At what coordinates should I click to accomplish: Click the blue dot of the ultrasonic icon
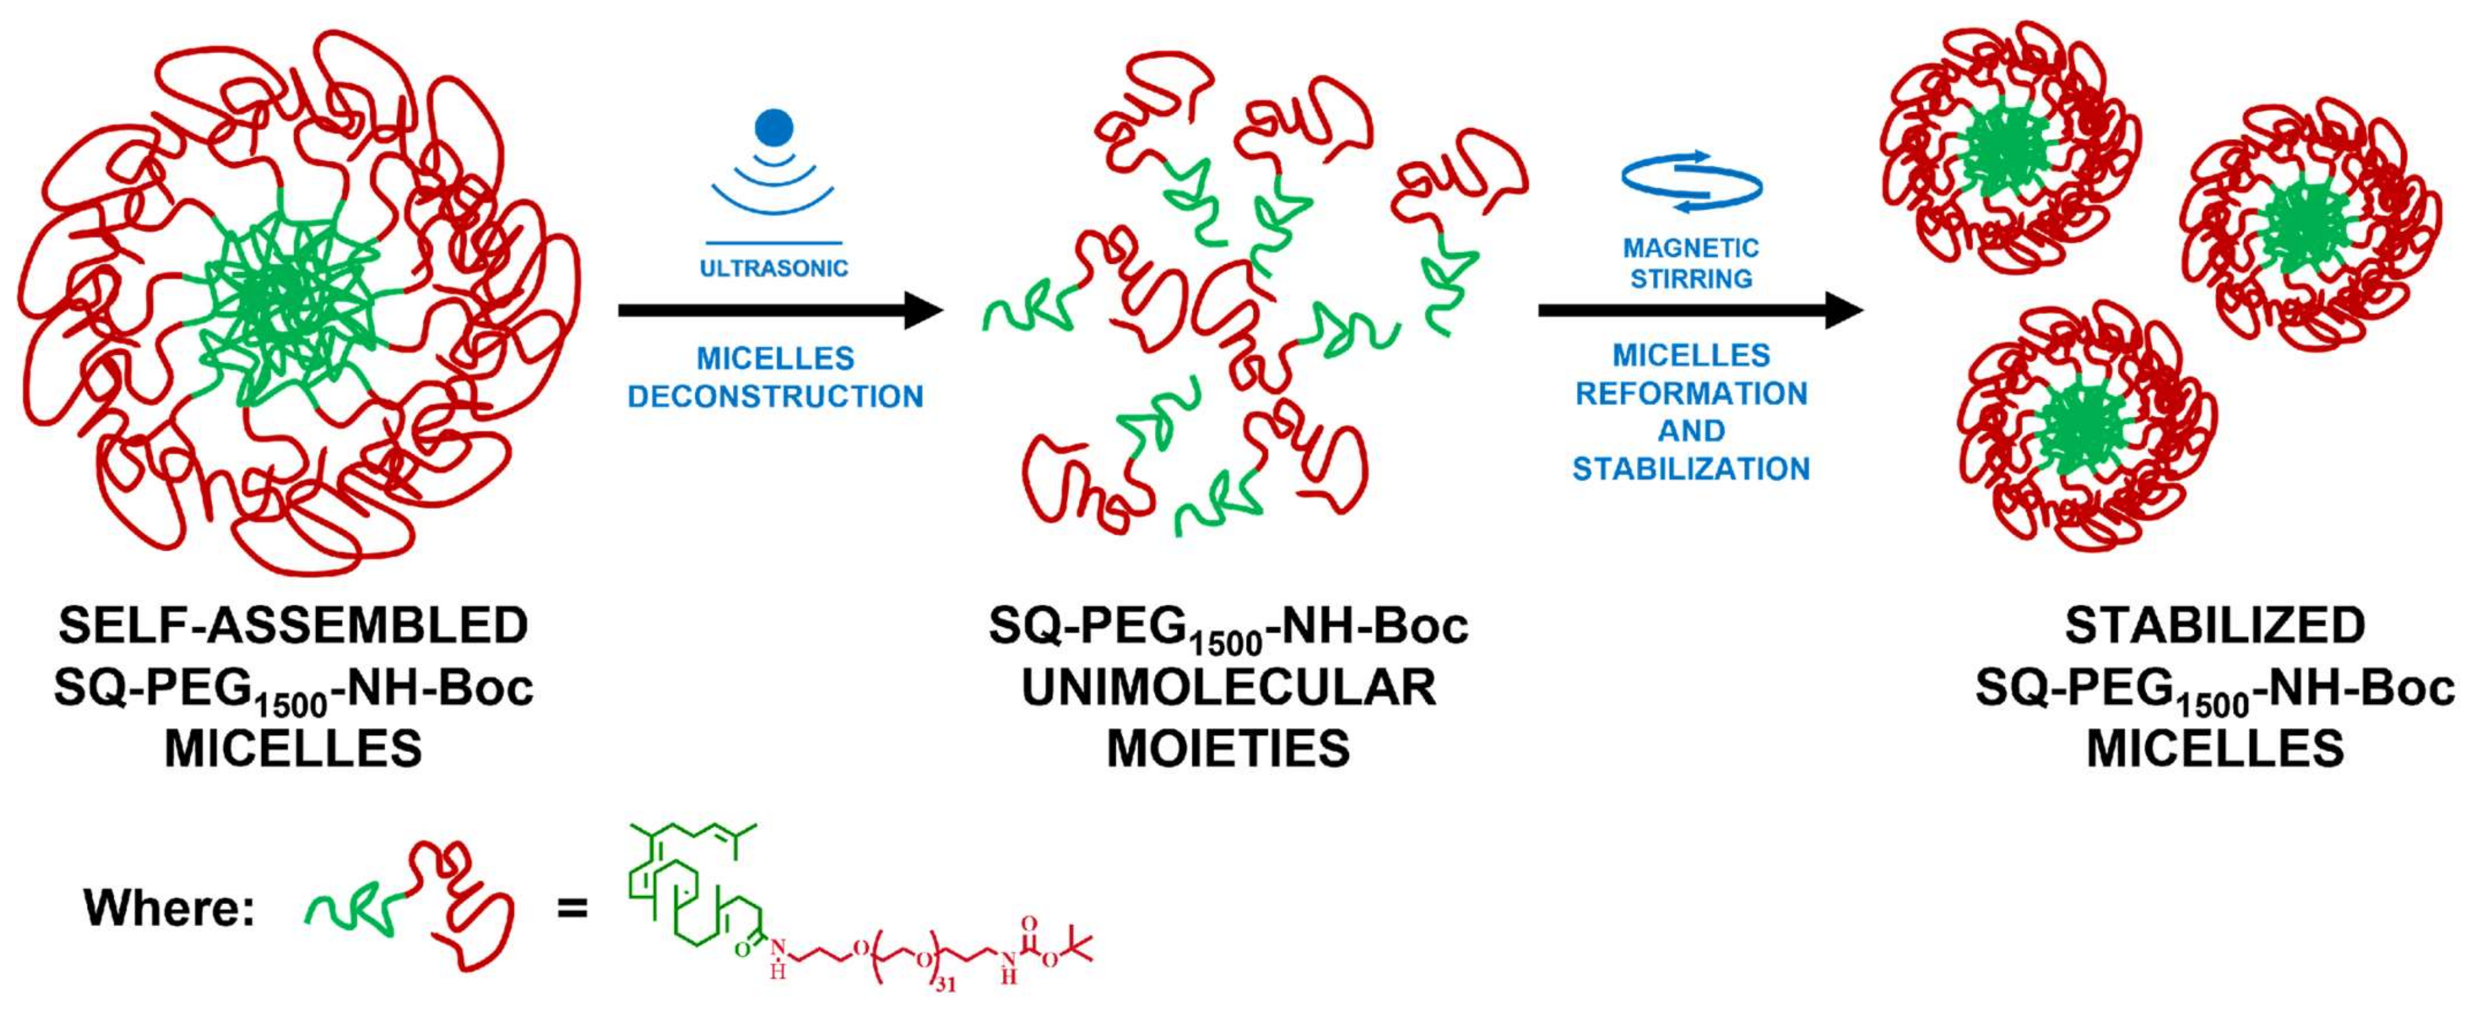coord(774,128)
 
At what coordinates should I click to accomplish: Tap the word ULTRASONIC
coord(774,268)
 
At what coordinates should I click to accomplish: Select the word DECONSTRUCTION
coord(775,396)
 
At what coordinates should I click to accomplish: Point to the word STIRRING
coord(1691,278)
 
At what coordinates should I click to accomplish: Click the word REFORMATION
coord(1691,393)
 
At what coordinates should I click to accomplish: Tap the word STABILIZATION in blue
coord(1691,469)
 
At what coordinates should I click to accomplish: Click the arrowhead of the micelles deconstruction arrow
coord(922,310)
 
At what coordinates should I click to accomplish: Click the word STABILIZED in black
coord(2215,626)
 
